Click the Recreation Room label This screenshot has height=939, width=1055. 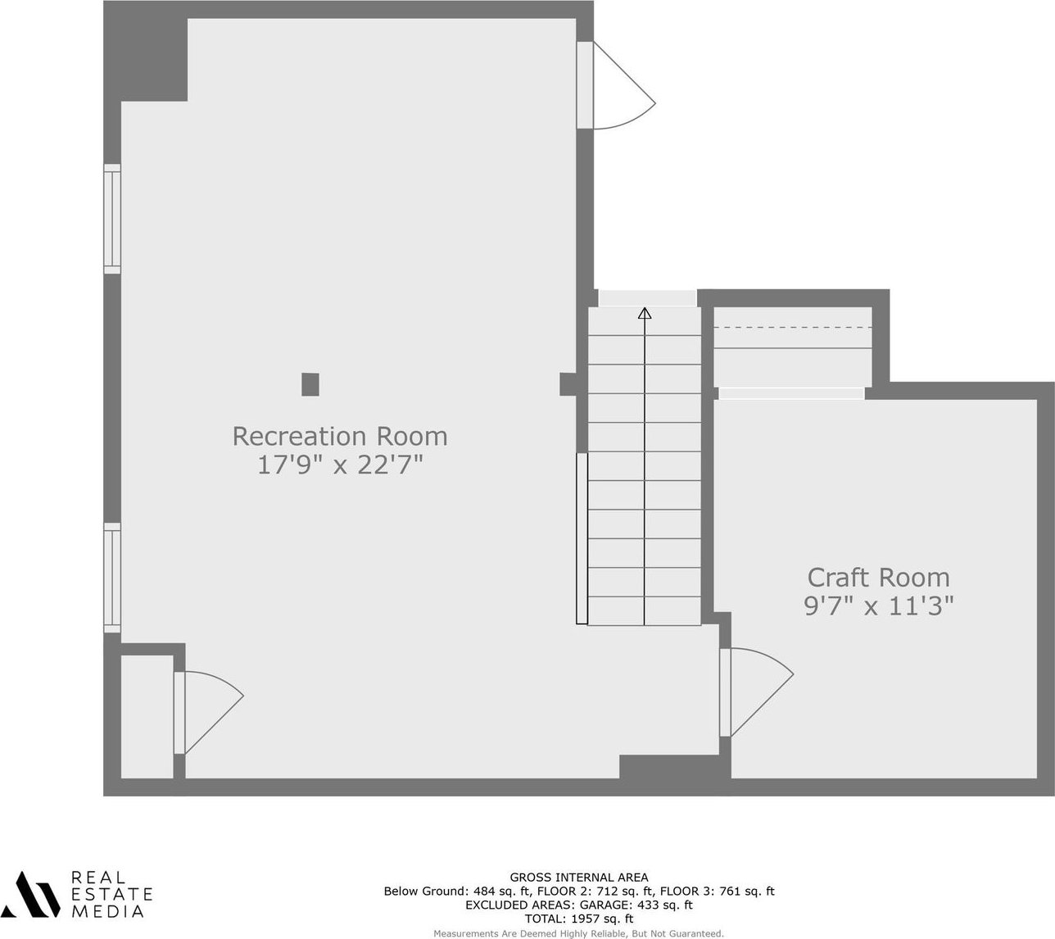tap(339, 436)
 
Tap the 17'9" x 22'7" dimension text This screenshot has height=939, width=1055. tap(339, 465)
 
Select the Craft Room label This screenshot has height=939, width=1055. tap(878, 578)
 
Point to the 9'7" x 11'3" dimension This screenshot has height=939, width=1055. tap(878, 606)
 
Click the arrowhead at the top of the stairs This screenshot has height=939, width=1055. tap(645, 313)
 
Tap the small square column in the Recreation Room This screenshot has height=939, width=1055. tap(310, 384)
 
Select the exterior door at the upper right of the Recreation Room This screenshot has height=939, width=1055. tap(616, 85)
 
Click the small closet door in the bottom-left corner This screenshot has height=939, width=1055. tap(208, 712)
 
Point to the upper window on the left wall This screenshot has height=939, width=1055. tap(112, 219)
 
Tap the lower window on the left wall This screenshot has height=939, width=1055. tap(112, 578)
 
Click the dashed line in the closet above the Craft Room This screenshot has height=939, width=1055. tap(793, 327)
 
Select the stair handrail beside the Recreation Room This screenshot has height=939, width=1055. tap(582, 538)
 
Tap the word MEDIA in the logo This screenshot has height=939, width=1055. tap(107, 911)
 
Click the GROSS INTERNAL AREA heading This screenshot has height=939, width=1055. tap(579, 878)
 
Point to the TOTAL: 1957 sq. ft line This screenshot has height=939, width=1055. tap(579, 919)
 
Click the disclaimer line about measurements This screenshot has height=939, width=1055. tap(579, 933)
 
